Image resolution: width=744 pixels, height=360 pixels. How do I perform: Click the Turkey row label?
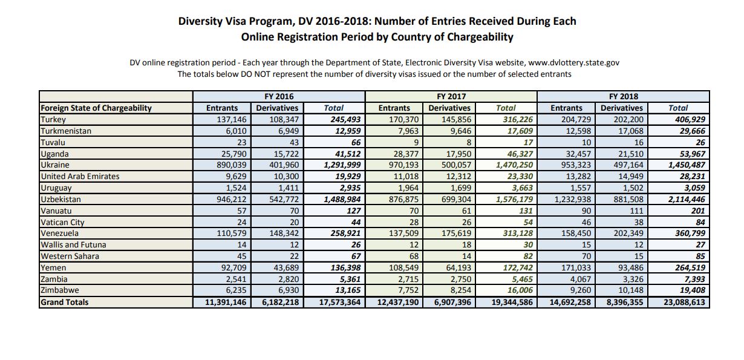(x=53, y=120)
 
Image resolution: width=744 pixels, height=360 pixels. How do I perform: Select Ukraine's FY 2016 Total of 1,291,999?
(x=342, y=165)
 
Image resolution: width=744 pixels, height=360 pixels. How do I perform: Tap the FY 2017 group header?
(x=451, y=96)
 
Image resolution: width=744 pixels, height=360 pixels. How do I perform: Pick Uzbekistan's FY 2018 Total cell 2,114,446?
(x=687, y=199)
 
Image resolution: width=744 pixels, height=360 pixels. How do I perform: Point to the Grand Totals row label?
(x=65, y=302)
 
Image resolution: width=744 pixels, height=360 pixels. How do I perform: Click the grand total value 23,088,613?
(x=684, y=302)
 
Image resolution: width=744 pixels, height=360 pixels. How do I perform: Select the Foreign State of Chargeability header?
(x=96, y=108)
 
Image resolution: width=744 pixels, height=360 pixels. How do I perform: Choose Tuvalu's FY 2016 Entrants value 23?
(x=242, y=142)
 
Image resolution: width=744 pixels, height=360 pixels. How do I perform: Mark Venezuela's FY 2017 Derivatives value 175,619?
(x=456, y=233)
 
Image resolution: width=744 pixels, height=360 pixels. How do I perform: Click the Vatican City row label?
(x=62, y=222)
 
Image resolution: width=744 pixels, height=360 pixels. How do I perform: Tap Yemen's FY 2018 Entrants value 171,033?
(x=576, y=267)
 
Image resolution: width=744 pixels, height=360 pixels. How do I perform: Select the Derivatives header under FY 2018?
(x=622, y=108)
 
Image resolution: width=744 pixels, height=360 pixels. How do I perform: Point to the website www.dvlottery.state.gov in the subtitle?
(x=573, y=63)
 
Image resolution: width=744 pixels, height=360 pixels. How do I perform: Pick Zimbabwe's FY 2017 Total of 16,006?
(x=520, y=290)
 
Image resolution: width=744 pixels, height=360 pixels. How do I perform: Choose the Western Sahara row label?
(x=70, y=257)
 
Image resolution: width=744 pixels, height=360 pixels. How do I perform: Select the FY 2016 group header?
(x=279, y=96)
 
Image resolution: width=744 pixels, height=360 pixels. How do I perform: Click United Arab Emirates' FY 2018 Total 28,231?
(x=692, y=176)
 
